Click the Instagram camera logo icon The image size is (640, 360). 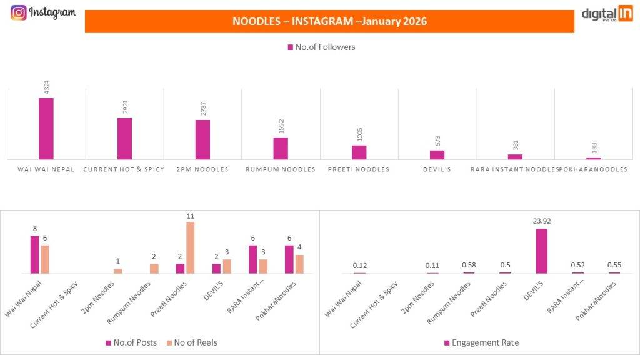(19, 12)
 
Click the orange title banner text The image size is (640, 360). (329, 21)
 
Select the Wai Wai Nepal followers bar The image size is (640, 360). (46, 128)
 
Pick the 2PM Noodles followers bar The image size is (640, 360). (202, 139)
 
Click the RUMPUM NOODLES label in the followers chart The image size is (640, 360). (280, 169)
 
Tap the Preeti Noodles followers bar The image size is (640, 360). (359, 152)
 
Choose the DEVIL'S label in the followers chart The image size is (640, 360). (437, 169)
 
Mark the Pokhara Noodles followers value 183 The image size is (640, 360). (594, 148)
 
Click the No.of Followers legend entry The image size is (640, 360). (321, 47)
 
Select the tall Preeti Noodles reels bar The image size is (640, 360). (190, 247)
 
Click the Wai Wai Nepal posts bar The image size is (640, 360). (34, 254)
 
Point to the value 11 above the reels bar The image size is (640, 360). (190, 216)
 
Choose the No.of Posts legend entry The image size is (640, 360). (131, 342)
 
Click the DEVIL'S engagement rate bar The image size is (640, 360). (542, 251)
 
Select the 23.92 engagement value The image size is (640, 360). (542, 221)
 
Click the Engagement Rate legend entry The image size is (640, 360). (481, 342)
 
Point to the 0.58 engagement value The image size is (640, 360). (469, 265)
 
